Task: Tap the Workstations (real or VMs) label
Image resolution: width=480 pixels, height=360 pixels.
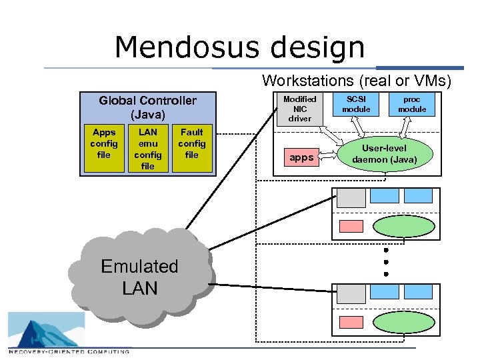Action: point(357,81)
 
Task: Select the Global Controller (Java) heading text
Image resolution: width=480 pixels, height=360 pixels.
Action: point(147,107)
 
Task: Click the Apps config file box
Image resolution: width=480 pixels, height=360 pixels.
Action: point(104,144)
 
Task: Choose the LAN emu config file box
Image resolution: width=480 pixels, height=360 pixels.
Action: point(147,149)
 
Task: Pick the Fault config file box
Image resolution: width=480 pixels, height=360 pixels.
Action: point(191,144)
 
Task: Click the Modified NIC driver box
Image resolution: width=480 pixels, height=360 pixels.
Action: point(299,109)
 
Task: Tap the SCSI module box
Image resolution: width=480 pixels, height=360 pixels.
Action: point(356,104)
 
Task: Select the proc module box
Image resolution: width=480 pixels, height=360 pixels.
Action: point(412,104)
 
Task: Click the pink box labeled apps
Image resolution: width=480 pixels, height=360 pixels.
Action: point(301,158)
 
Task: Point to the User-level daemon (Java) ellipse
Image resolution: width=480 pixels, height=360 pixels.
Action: point(388,154)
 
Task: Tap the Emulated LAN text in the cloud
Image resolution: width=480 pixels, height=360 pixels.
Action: point(139,277)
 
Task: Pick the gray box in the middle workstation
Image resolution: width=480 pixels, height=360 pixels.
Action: point(351,197)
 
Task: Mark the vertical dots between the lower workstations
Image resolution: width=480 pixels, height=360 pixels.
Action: point(385,263)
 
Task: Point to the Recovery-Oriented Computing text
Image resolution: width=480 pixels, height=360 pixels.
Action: point(69,351)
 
